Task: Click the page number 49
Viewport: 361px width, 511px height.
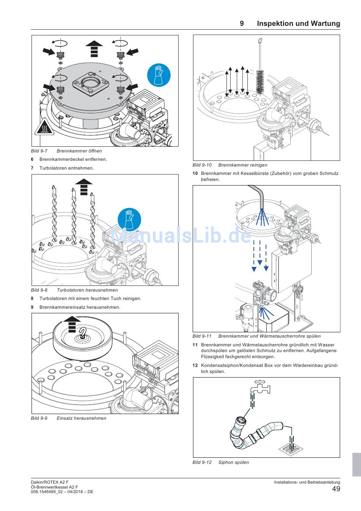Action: click(336, 489)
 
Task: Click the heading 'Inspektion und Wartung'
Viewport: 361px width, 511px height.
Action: click(298, 24)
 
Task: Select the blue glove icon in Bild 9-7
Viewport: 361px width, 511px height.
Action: click(158, 75)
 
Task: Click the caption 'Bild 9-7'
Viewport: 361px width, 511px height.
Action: click(39, 151)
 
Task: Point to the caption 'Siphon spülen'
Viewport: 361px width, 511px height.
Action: click(234, 462)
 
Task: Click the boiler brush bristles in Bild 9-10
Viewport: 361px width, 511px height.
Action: click(260, 82)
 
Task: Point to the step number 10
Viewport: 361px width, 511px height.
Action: click(195, 173)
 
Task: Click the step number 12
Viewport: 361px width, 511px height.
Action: click(195, 365)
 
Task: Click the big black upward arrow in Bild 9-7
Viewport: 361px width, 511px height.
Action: click(94, 48)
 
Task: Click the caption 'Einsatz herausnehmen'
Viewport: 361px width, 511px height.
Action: click(81, 418)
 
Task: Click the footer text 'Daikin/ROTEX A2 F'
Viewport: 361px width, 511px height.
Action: click(50, 482)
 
